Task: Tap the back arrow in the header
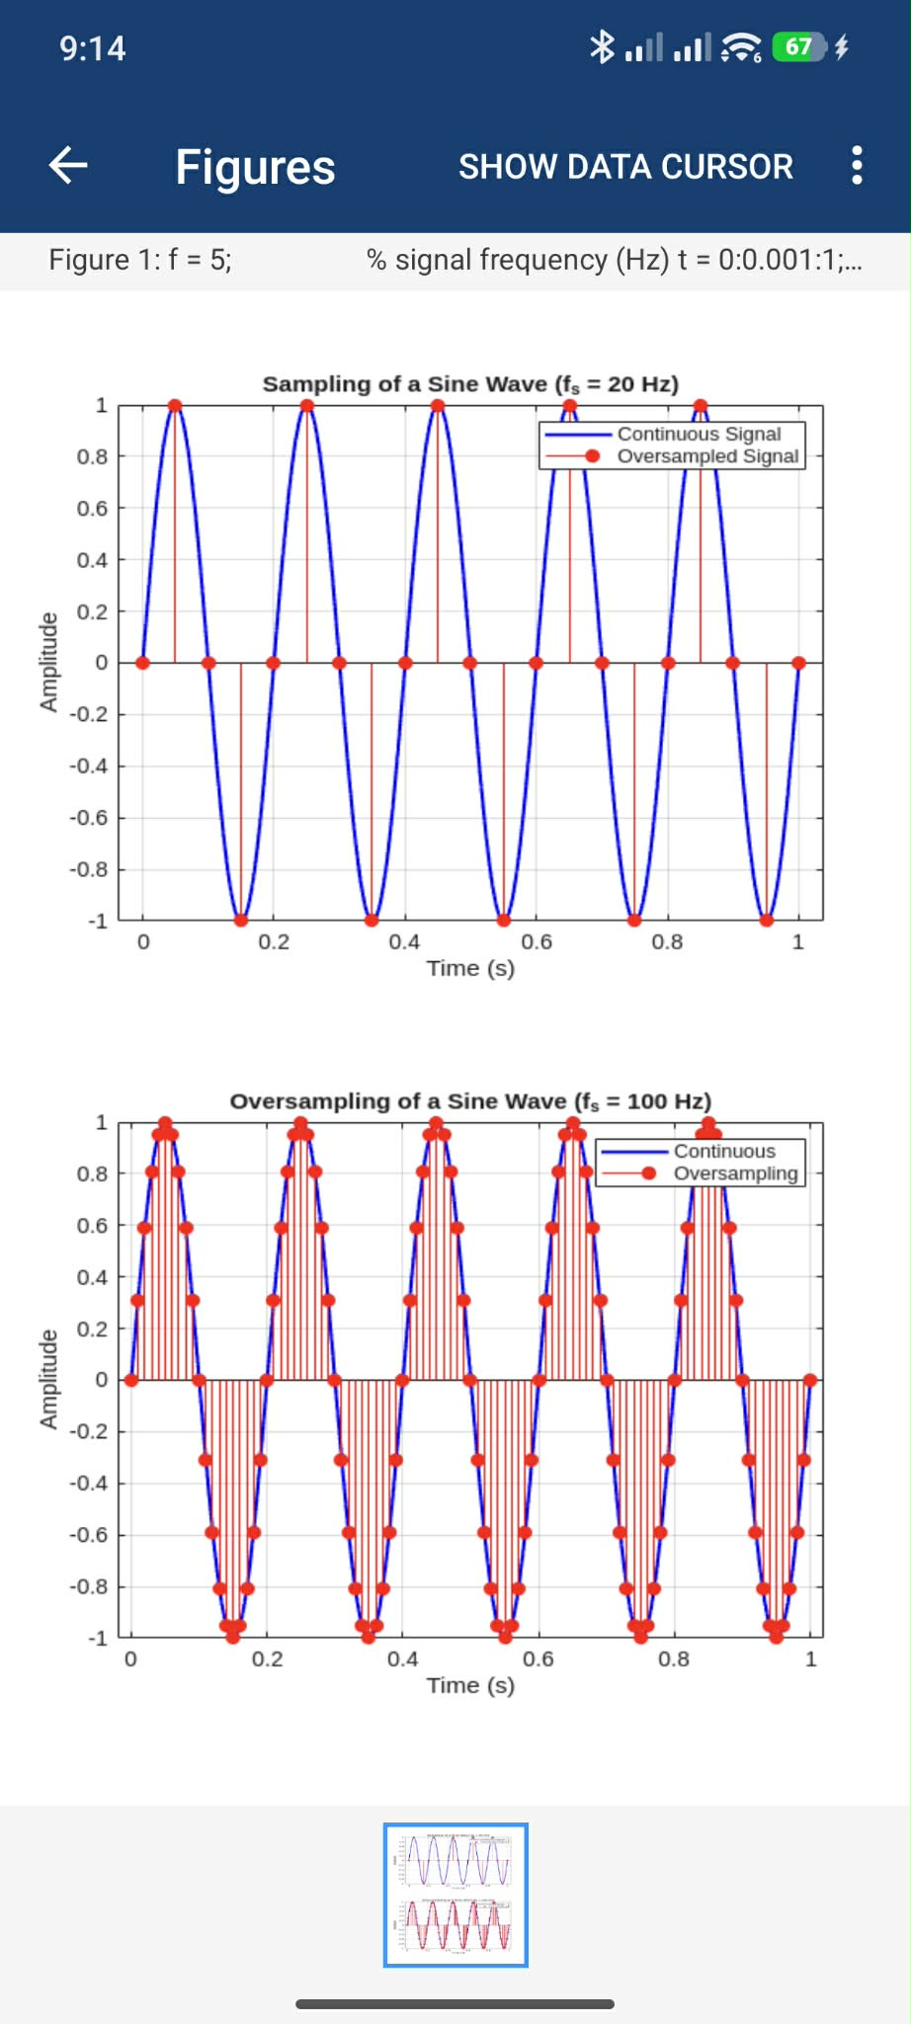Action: [68, 165]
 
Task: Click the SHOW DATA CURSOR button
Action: [625, 167]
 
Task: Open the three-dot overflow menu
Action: [857, 166]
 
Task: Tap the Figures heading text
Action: [255, 167]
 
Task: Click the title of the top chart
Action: [470, 384]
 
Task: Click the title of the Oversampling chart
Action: [470, 1101]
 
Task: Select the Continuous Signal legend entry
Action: [698, 434]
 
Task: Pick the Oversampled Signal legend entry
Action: [706, 456]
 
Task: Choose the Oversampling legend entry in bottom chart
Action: [734, 1174]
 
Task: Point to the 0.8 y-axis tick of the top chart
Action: [92, 456]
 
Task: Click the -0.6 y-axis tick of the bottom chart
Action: [88, 1535]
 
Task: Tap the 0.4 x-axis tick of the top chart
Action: [404, 942]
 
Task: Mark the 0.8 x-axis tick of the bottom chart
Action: [674, 1660]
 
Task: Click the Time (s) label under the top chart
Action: [470, 969]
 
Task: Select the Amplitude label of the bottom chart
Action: [47, 1379]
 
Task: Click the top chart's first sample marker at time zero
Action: [142, 663]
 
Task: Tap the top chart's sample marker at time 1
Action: [798, 663]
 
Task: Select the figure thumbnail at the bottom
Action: [455, 1895]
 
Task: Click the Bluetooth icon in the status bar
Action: [601, 47]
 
